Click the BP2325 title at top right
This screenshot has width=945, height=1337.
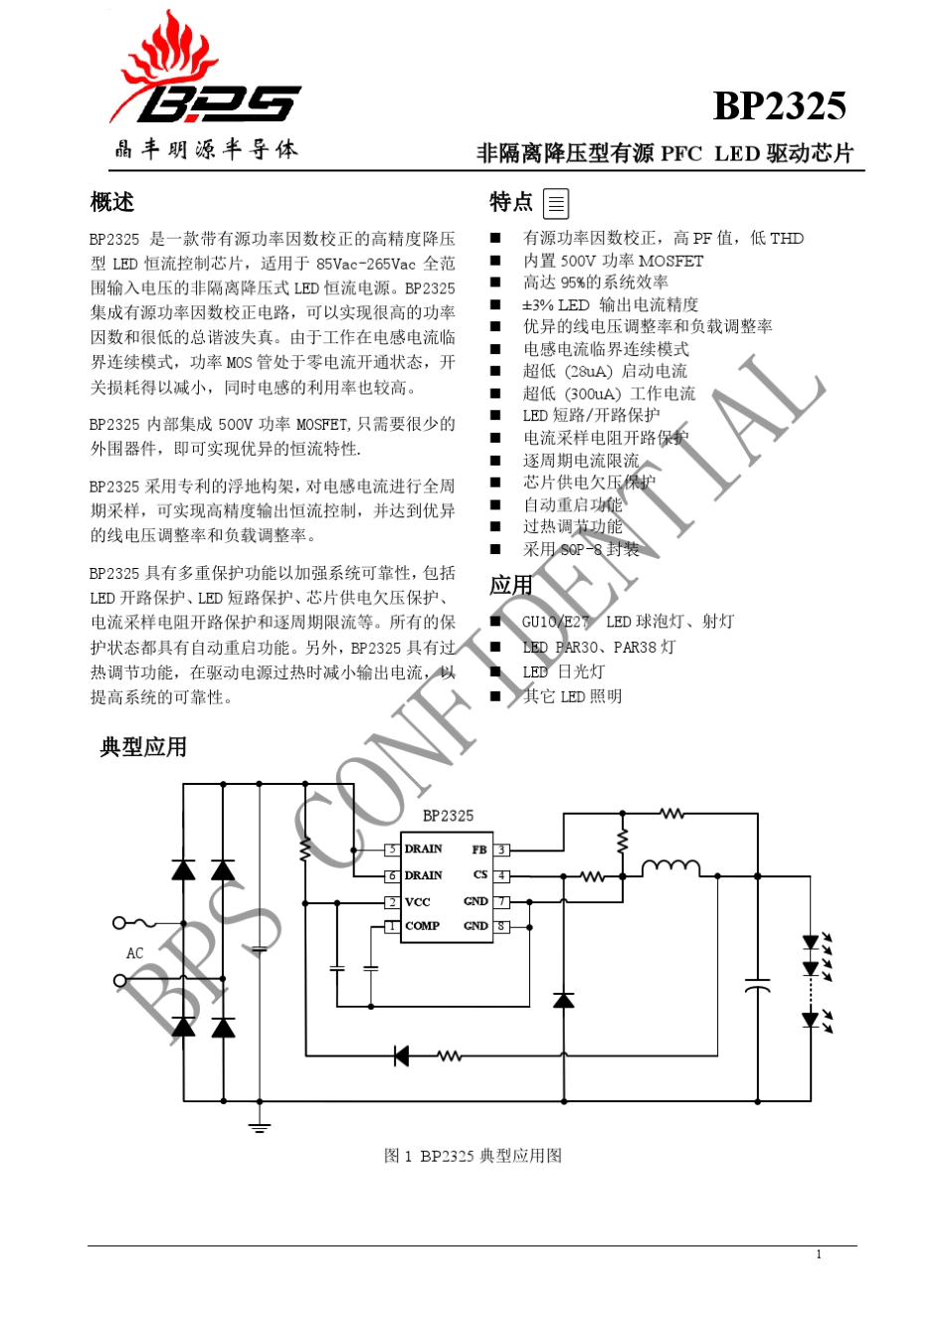click(780, 106)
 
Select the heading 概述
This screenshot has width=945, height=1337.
click(112, 202)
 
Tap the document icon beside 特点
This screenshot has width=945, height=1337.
click(556, 204)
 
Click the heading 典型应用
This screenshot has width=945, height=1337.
click(143, 747)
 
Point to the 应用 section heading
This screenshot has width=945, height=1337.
click(511, 585)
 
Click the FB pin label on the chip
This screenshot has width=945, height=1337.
click(479, 850)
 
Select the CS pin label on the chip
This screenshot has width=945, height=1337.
click(480, 874)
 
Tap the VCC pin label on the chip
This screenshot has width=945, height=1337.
click(417, 902)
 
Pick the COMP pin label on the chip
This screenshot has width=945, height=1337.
click(422, 926)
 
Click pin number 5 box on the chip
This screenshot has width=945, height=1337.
click(392, 850)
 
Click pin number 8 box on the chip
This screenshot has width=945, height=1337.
click(501, 926)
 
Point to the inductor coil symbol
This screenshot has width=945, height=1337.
click(671, 867)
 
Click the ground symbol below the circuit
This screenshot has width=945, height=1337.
click(259, 1127)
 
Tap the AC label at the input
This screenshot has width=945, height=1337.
click(135, 953)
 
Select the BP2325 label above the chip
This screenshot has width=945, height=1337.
click(448, 816)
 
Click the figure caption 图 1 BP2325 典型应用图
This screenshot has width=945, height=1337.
click(472, 1156)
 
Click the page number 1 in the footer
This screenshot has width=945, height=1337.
click(819, 1254)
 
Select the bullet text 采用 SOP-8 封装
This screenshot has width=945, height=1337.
click(581, 548)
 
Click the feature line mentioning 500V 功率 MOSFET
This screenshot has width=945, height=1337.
click(613, 261)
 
